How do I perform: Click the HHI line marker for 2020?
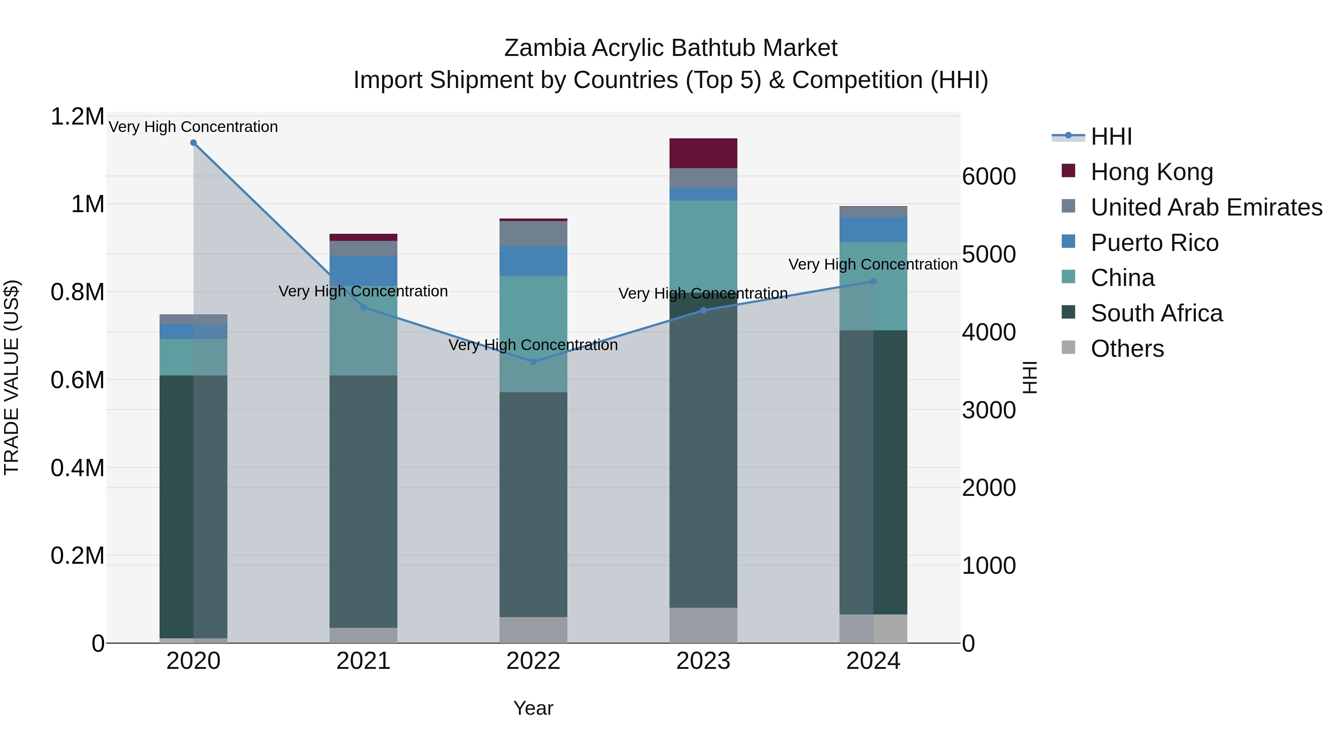[193, 143]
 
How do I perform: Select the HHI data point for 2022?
[533, 362]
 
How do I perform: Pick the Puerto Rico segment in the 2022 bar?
[533, 261]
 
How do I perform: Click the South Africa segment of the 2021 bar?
[363, 501]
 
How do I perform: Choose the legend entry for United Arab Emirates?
[1206, 207]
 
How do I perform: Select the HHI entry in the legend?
[1111, 136]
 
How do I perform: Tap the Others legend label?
[1127, 349]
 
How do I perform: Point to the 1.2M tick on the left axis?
[77, 117]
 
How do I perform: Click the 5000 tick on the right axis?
[988, 254]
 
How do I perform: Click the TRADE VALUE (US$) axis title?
[12, 377]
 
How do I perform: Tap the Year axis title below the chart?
[533, 708]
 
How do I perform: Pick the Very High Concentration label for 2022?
[533, 345]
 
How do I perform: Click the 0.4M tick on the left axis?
[77, 468]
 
